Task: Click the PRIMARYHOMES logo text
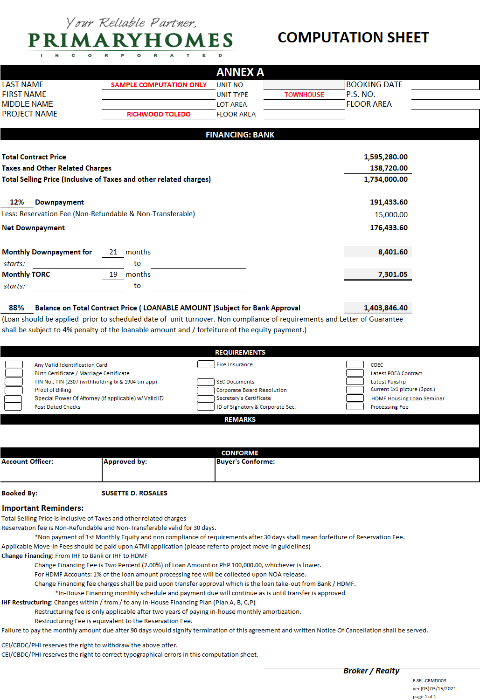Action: coord(130,41)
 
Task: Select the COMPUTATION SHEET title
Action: coord(353,38)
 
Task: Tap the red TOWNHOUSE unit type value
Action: coord(304,95)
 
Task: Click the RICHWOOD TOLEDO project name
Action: coord(159,114)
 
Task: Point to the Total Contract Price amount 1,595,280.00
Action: coord(385,157)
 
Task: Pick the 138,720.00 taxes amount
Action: coord(389,168)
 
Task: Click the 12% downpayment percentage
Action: coord(17,202)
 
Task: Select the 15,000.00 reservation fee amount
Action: coord(391,215)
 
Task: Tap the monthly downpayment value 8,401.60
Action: coord(392,252)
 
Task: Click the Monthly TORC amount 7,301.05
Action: coord(392,275)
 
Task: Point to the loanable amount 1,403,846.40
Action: coord(385,308)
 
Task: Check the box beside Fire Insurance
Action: coord(206,364)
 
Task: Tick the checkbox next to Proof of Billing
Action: coord(14,390)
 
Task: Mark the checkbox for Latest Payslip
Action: coord(355,381)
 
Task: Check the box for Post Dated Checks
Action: coord(13,407)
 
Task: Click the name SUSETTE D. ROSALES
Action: coord(134,493)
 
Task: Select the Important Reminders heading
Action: coord(42,508)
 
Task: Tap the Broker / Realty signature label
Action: coord(371,671)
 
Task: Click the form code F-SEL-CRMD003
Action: coord(429,680)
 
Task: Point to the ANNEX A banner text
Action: coord(240,72)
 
